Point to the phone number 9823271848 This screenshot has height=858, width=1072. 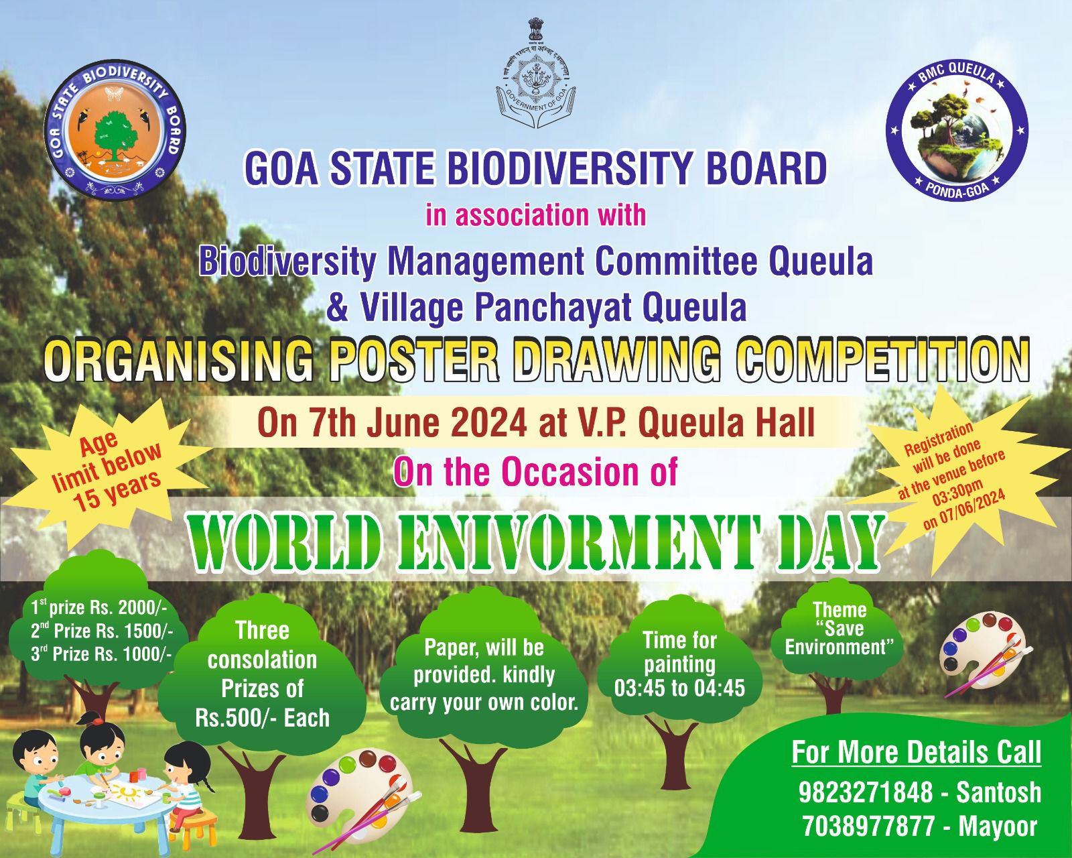(x=866, y=792)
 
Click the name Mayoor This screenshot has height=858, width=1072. (x=998, y=826)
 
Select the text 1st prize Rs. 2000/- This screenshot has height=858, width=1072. (x=98, y=608)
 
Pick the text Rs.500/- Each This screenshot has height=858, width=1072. (x=263, y=718)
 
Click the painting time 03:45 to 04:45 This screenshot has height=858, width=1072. (x=679, y=688)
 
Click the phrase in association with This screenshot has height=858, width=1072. (x=535, y=215)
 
